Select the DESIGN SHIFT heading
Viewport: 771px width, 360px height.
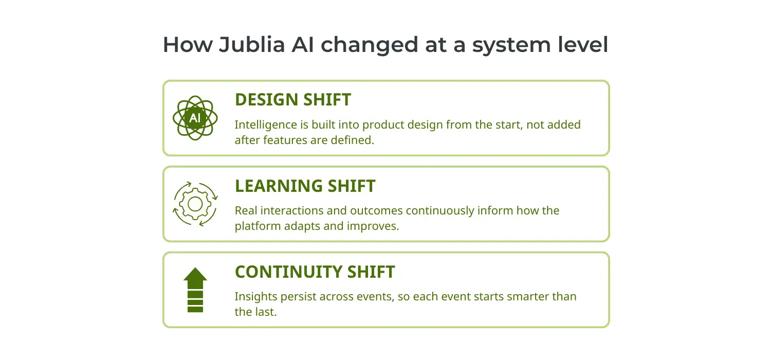(292, 100)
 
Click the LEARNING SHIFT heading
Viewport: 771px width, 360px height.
(305, 186)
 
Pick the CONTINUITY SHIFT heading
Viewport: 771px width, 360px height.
(315, 272)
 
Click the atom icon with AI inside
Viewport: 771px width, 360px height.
(195, 118)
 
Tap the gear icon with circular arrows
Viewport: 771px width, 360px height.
(195, 204)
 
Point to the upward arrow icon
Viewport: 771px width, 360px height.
(195, 290)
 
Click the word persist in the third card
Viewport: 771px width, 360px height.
(298, 297)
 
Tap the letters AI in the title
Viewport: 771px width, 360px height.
(303, 45)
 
